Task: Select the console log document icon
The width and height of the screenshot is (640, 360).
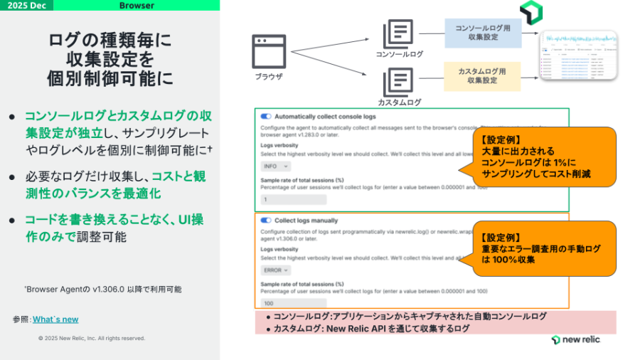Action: (x=398, y=33)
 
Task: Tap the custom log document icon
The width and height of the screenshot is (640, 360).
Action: (x=398, y=81)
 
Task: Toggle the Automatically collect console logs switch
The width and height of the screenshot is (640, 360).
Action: (x=266, y=116)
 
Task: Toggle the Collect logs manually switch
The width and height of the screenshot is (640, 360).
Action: (x=266, y=221)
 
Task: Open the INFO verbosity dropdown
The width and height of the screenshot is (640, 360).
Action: (x=275, y=166)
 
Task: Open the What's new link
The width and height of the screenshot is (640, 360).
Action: (x=55, y=319)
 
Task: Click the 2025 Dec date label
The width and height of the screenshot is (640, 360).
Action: (x=27, y=6)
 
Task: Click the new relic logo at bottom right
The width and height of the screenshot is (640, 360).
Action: (x=575, y=339)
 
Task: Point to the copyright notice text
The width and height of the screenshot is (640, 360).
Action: (x=92, y=338)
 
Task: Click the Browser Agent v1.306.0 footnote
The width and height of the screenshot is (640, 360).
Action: (x=103, y=290)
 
